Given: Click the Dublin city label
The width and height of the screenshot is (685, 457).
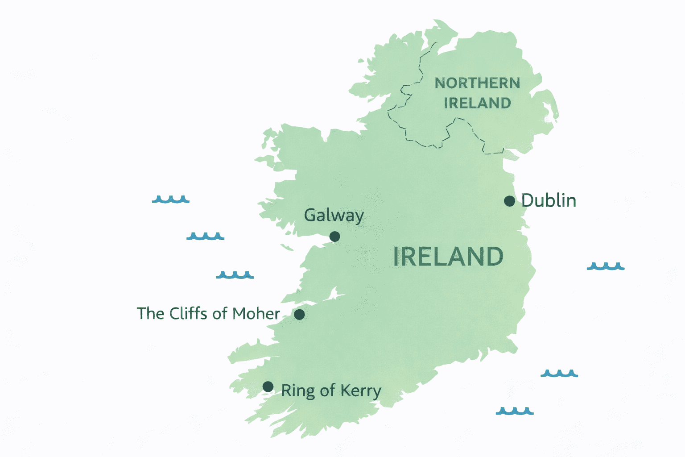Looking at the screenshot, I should (549, 200).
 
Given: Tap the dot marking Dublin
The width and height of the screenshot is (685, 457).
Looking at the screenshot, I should (509, 201).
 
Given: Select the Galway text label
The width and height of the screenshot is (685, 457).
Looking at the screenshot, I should (334, 215).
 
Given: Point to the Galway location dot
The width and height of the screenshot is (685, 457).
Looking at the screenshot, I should (334, 237).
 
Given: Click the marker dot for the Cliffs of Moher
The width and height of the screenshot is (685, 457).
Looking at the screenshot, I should (299, 314).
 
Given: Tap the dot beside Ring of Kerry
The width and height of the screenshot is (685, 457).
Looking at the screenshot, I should (268, 386).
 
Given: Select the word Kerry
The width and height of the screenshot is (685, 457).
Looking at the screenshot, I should (361, 391).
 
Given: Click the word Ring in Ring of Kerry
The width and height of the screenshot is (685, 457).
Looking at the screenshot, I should (297, 391).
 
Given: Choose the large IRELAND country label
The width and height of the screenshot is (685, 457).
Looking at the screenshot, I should (448, 257).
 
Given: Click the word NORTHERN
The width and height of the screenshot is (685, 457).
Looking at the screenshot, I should (477, 83).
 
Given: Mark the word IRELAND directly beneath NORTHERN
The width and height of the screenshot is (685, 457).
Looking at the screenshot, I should (477, 103).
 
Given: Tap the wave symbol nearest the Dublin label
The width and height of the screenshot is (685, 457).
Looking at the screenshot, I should (605, 266).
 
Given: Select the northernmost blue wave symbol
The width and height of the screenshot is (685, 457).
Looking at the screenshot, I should (170, 199).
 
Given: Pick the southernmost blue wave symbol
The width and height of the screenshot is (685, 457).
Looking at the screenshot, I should (515, 411).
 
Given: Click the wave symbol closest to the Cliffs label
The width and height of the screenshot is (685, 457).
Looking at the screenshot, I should (235, 275).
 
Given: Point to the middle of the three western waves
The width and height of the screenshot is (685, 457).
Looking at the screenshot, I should (205, 236).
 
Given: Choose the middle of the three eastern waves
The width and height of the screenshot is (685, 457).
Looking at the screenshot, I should (559, 373).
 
